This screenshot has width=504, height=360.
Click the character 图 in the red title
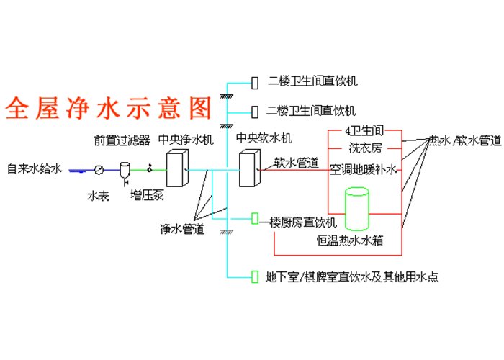pos(200,108)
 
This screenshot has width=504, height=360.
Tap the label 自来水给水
pos(35,168)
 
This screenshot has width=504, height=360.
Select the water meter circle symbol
pos(99,170)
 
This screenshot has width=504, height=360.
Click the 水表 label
pos(99,196)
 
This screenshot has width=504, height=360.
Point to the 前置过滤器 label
pos(122,140)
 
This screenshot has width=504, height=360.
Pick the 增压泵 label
pos(147,195)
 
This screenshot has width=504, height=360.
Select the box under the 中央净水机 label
pos(177,168)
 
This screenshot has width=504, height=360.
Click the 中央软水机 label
pos(264,138)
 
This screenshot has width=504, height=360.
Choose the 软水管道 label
pos(297,163)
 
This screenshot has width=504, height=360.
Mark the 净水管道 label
pos(182,228)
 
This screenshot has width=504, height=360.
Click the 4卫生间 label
pos(364,131)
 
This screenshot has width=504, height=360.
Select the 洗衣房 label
pos(366,148)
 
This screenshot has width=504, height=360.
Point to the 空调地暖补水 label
pos(363,169)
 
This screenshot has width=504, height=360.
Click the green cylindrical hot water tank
pos(357,209)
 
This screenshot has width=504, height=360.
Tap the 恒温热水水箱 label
pos(350,240)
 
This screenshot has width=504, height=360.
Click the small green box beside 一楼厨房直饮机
pos(255,219)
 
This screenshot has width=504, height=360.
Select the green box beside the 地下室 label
pos(255,276)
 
